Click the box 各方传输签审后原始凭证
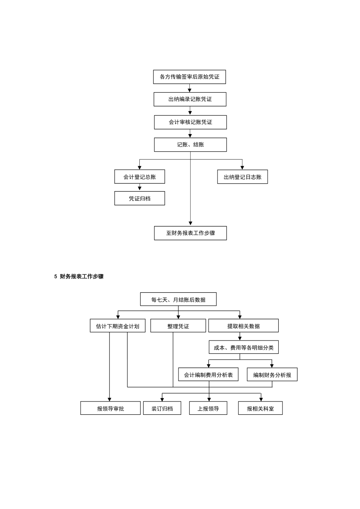tap(189, 77)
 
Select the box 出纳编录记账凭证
tap(190, 99)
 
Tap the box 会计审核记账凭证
tap(190, 122)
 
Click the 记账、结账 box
tap(190, 145)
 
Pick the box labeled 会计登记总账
tap(140, 177)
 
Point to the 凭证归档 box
tap(140, 198)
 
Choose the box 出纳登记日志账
tap(243, 177)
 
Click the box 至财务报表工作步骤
tap(190, 233)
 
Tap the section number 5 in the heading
tap(56, 276)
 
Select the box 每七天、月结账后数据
tap(178, 299)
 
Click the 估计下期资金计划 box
tap(117, 326)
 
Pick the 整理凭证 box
tap(178, 326)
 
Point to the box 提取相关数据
tap(243, 326)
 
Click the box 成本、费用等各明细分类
tap(243, 347)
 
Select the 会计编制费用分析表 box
tap(208, 374)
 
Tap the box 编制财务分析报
tap(272, 374)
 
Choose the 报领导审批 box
tap(110, 408)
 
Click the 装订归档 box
tap(162, 408)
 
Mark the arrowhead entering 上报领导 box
tap(209, 400)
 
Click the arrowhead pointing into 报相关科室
tap(261, 400)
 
